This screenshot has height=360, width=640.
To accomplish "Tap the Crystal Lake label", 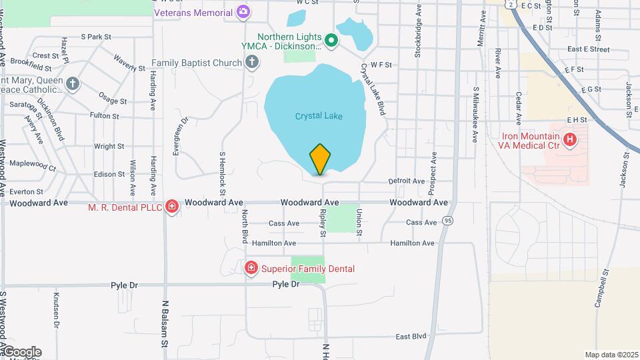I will pyautogui.click(x=319, y=116).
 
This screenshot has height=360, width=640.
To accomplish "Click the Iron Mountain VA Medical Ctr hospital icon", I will pyautogui.click(x=570, y=139).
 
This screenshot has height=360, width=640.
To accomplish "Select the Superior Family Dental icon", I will pyautogui.click(x=251, y=268).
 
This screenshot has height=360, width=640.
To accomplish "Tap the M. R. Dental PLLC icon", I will pyautogui.click(x=172, y=207).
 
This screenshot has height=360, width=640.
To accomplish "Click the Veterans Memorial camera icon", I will pyautogui.click(x=243, y=11).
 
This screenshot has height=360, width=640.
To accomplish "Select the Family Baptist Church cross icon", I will pyautogui.click(x=251, y=63).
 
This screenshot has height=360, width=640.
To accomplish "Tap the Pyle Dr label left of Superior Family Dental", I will pyautogui.click(x=124, y=285).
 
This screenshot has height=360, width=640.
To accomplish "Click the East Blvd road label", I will pyautogui.click(x=410, y=336).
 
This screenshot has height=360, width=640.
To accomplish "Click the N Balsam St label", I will pyautogui.click(x=164, y=323).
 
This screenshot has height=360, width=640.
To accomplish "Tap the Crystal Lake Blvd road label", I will pyautogui.click(x=373, y=89).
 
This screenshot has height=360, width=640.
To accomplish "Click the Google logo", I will pyautogui.click(x=22, y=352).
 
